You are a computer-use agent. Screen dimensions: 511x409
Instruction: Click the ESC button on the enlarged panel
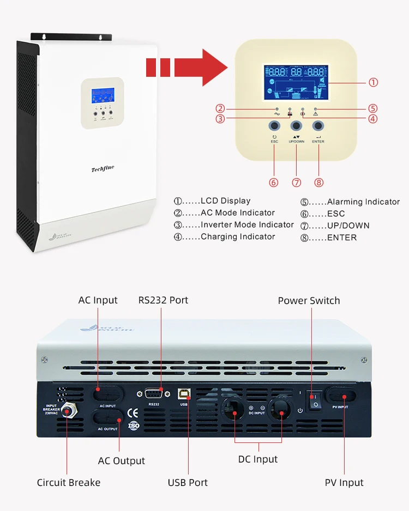click(x=274, y=126)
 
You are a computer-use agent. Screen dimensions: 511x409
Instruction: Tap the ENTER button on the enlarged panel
click(x=318, y=126)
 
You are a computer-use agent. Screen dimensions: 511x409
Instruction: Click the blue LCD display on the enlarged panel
click(x=296, y=82)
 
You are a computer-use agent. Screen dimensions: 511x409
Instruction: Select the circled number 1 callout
click(x=373, y=82)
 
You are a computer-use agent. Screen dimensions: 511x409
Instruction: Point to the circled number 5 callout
click(x=373, y=108)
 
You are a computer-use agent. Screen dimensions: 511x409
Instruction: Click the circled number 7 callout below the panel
click(x=296, y=182)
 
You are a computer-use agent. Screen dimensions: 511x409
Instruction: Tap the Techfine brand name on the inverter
click(x=102, y=169)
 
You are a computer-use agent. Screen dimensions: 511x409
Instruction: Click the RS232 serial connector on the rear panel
click(x=154, y=395)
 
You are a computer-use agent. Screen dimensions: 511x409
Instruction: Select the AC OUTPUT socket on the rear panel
click(x=107, y=418)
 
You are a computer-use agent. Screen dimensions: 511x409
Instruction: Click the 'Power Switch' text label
click(x=309, y=301)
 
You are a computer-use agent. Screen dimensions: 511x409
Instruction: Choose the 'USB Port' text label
click(x=188, y=482)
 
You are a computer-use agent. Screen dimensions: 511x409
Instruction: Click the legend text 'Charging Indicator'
click(x=238, y=236)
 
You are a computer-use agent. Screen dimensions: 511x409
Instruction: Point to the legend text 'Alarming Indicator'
click(x=363, y=202)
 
